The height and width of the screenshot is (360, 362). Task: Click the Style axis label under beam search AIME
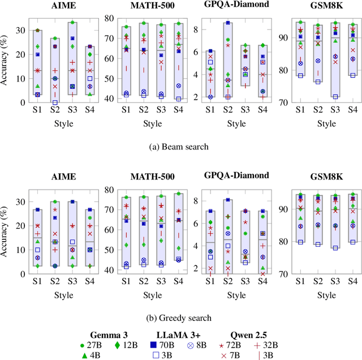tap(57, 123)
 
